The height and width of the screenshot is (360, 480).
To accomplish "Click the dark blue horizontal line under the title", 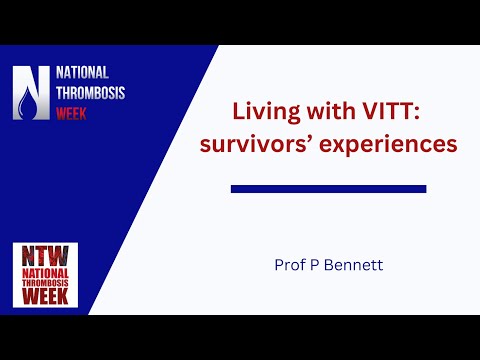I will tap(328, 188).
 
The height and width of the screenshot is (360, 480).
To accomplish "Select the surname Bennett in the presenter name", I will tap(356, 266).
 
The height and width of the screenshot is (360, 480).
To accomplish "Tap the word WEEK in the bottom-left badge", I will tap(44, 296).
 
